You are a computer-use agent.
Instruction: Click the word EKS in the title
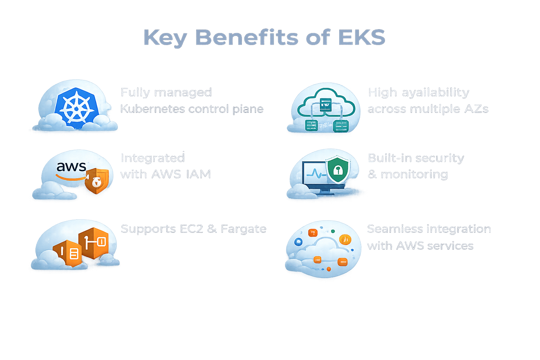[x=361, y=37]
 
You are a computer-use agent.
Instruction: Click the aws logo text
[x=71, y=166]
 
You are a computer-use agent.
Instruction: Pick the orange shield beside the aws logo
[x=97, y=181]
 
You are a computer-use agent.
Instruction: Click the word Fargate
[x=243, y=229]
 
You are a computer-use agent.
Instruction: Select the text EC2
[x=191, y=229]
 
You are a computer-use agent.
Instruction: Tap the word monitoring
[x=414, y=174]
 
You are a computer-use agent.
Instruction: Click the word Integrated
[x=153, y=158]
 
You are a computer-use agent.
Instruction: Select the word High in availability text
[x=382, y=92]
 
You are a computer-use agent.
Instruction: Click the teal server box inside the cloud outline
[x=326, y=104]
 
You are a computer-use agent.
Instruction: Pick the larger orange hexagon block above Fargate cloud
[x=93, y=243]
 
